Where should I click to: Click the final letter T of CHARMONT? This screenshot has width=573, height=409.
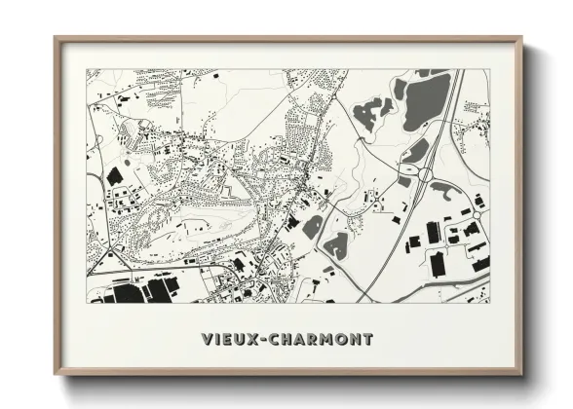[x=366, y=340]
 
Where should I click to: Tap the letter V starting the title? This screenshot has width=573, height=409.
[x=207, y=340]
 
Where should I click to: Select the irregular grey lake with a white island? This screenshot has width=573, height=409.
[x=367, y=111]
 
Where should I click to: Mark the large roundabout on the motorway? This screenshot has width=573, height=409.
[x=426, y=174]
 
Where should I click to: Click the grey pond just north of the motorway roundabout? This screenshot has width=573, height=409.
[x=416, y=151]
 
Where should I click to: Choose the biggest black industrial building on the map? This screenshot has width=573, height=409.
[x=126, y=292]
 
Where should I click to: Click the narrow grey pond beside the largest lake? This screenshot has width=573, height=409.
[x=401, y=89]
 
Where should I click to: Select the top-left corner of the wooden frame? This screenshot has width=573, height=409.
[x=56, y=39]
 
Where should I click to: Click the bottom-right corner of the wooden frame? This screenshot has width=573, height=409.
[x=521, y=374]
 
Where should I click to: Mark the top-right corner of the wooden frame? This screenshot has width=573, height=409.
[x=521, y=39]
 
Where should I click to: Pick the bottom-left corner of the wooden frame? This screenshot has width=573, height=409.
[x=56, y=374]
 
